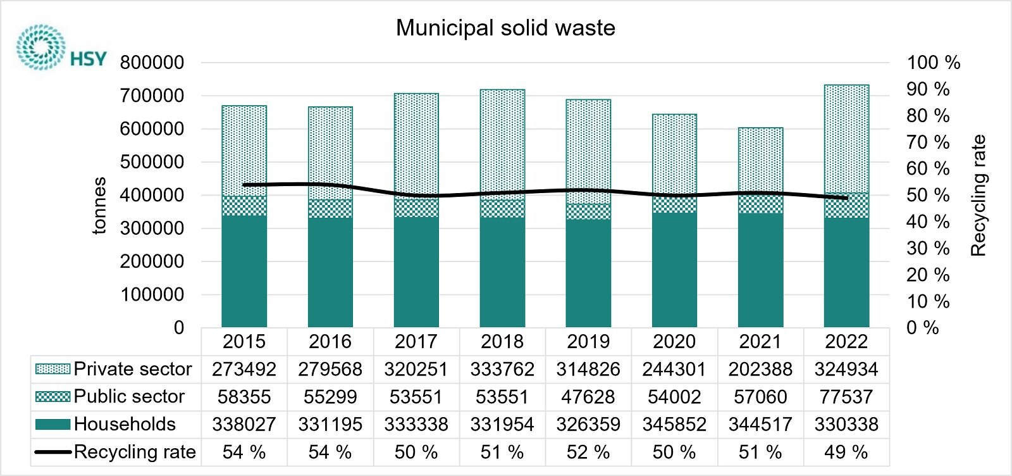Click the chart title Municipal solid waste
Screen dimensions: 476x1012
pos(505,28)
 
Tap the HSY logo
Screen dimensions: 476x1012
pos(61,47)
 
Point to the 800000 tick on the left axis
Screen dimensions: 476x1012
pos(152,63)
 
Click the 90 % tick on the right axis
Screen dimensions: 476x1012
pos(927,89)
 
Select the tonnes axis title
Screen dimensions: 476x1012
pos(99,206)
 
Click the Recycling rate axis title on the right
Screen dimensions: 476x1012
pos(978,195)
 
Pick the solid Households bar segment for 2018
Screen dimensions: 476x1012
pos(502,272)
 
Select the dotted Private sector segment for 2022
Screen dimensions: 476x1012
pos(846,139)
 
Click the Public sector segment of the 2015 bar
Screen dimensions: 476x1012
pos(244,206)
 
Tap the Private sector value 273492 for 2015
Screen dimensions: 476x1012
pos(244,369)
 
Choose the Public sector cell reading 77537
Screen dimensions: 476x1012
pos(846,397)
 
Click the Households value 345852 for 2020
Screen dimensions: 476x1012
pos(674,424)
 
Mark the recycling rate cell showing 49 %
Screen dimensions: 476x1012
pos(846,452)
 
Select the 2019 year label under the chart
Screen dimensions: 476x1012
pos(588,342)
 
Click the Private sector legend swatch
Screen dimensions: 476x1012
pos(52,369)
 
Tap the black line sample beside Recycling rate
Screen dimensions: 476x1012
pos(52,452)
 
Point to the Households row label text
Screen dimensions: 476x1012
pos(125,424)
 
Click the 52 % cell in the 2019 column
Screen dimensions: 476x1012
pos(588,452)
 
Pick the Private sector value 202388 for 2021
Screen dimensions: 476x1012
pos(760,369)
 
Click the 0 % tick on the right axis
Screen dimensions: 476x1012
pos(922,328)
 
